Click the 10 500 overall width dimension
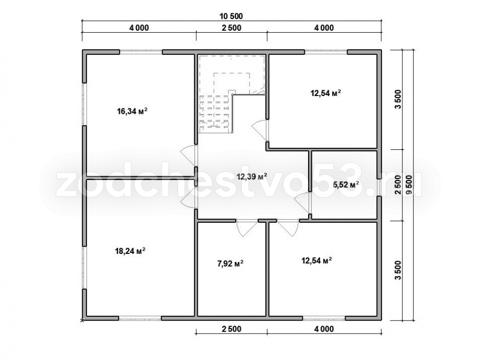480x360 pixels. coord(231,16)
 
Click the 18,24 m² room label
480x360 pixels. coord(130,251)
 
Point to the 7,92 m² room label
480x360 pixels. coord(230,263)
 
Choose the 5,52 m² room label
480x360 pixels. coord(346,185)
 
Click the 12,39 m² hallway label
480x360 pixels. coord(252,176)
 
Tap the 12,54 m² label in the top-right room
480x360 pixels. coord(326,93)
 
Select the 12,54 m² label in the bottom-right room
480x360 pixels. coord(317,261)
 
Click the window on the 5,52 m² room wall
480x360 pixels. coord(379,187)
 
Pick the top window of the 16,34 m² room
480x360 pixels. coord(141,52)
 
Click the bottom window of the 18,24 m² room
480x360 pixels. coord(140,318)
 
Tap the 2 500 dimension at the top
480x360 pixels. coord(231,28)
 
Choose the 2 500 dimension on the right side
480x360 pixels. coord(397,185)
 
